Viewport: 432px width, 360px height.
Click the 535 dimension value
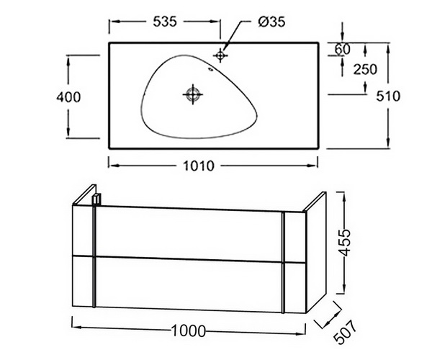click(165, 22)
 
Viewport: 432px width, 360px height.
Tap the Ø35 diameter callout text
click(271, 22)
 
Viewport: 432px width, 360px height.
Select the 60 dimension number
click(343, 49)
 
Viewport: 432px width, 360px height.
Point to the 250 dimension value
click(365, 69)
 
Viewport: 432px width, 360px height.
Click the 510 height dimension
click(388, 96)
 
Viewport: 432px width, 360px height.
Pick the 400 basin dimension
click(68, 97)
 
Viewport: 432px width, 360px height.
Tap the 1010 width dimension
click(199, 166)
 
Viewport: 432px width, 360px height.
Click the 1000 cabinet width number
click(189, 330)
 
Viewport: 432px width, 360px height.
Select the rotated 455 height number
click(344, 243)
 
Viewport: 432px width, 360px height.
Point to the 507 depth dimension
click(346, 332)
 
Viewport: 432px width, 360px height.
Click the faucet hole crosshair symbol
click(220, 55)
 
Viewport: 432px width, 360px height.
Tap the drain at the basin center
click(193, 94)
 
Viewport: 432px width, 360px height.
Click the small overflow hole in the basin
click(211, 69)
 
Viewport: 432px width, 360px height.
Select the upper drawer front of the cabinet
click(189, 233)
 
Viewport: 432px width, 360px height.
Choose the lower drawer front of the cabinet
click(189, 284)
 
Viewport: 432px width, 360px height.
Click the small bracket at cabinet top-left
click(96, 199)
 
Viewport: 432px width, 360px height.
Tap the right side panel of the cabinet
click(316, 252)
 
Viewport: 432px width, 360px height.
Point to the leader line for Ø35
click(233, 35)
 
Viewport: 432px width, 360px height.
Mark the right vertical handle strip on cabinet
click(283, 263)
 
